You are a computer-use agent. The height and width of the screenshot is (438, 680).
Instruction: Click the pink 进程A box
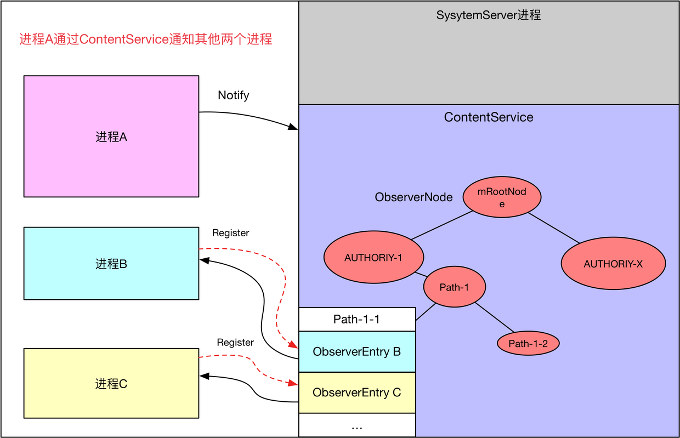point(111,136)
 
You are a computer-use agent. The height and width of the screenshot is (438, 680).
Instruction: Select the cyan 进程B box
point(111,264)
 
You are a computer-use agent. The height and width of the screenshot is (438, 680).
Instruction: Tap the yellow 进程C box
point(111,384)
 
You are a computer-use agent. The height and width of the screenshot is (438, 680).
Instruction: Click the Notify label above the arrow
point(233,95)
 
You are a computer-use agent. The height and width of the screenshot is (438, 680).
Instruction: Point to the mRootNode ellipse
point(502,197)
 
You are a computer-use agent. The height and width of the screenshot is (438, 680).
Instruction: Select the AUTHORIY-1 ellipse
point(373,258)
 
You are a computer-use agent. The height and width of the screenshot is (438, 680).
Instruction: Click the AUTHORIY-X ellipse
point(613,264)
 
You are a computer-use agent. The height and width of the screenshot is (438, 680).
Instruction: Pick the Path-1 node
point(455,287)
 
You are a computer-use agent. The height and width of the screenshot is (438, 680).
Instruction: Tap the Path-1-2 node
point(528,344)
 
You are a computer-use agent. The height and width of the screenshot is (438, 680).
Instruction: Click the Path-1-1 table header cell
point(356,319)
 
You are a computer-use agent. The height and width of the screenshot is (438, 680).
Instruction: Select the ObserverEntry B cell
point(356,352)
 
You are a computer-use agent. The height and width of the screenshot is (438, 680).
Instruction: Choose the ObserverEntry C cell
point(356,393)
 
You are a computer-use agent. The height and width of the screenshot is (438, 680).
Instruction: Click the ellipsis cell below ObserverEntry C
point(356,425)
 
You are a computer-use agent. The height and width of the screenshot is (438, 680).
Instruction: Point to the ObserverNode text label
point(413,197)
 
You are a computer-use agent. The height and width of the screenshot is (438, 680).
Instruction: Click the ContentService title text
point(489,117)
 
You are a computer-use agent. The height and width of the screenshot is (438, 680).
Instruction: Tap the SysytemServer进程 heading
point(489,15)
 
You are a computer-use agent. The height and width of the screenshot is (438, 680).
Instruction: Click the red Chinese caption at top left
point(146,39)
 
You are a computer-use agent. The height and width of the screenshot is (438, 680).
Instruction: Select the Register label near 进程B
point(230,233)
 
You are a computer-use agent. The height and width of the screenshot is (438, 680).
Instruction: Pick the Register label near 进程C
point(235,343)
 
